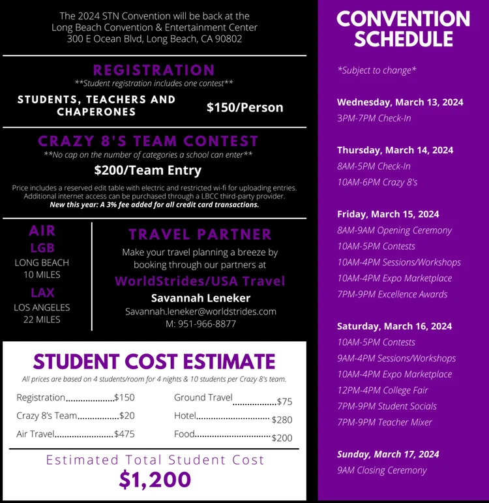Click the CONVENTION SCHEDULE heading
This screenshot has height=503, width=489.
403,29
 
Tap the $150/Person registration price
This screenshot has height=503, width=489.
244,107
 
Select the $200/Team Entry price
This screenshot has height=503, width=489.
148,170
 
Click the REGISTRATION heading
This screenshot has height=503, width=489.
154,70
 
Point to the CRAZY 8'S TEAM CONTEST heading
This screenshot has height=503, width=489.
148,141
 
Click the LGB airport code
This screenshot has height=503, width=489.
42,248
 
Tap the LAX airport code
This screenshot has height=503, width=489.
42,292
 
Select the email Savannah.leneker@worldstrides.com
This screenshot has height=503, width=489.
201,311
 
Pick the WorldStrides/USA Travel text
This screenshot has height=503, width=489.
200,281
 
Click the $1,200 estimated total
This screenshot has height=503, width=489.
155,480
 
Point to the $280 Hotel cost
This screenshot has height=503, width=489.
282,419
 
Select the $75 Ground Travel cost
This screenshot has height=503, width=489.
284,402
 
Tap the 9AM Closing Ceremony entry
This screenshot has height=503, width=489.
381,470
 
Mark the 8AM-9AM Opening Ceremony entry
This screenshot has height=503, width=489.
394,230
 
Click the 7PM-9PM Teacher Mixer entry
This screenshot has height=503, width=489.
385,422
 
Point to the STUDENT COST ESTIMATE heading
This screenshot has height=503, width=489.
155,361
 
